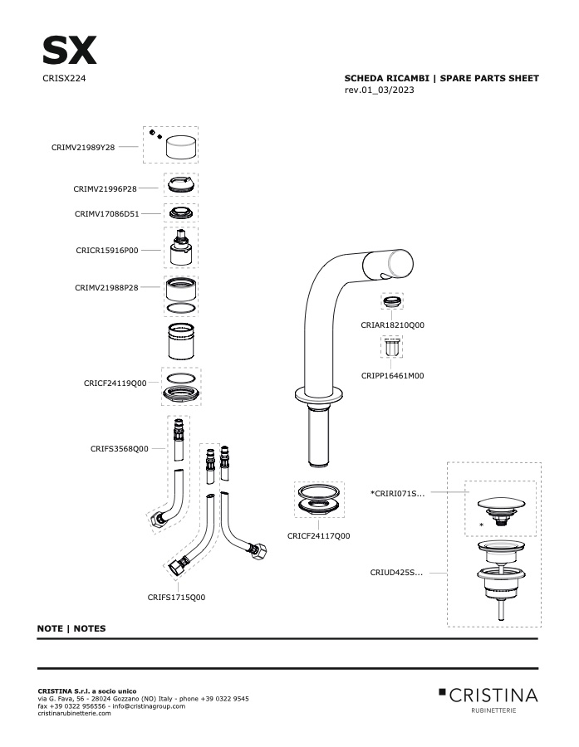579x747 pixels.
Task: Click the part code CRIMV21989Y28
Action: point(83,148)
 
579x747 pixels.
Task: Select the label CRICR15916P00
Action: point(107,251)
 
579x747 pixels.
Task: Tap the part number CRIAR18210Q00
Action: point(393,325)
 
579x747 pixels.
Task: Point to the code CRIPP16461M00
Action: point(393,376)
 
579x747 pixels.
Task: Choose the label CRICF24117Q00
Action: point(319,536)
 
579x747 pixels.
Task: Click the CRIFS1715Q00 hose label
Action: point(176,598)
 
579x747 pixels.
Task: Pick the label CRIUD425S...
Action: point(396,573)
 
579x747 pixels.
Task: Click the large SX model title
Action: point(70,51)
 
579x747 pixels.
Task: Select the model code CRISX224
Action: point(64,79)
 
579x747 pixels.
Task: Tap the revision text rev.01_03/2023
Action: point(379,90)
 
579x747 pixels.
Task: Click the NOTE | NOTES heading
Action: point(71,628)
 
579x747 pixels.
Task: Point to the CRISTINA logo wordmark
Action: point(493,696)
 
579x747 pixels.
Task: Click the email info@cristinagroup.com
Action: point(149,706)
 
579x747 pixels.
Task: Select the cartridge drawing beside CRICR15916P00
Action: point(181,247)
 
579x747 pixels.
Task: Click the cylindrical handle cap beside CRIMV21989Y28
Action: point(181,147)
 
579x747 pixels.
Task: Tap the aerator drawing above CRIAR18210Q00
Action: point(392,301)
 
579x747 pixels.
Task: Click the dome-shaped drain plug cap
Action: point(501,504)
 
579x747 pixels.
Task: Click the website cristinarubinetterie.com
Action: point(74,713)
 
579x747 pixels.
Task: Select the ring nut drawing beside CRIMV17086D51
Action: point(181,213)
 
